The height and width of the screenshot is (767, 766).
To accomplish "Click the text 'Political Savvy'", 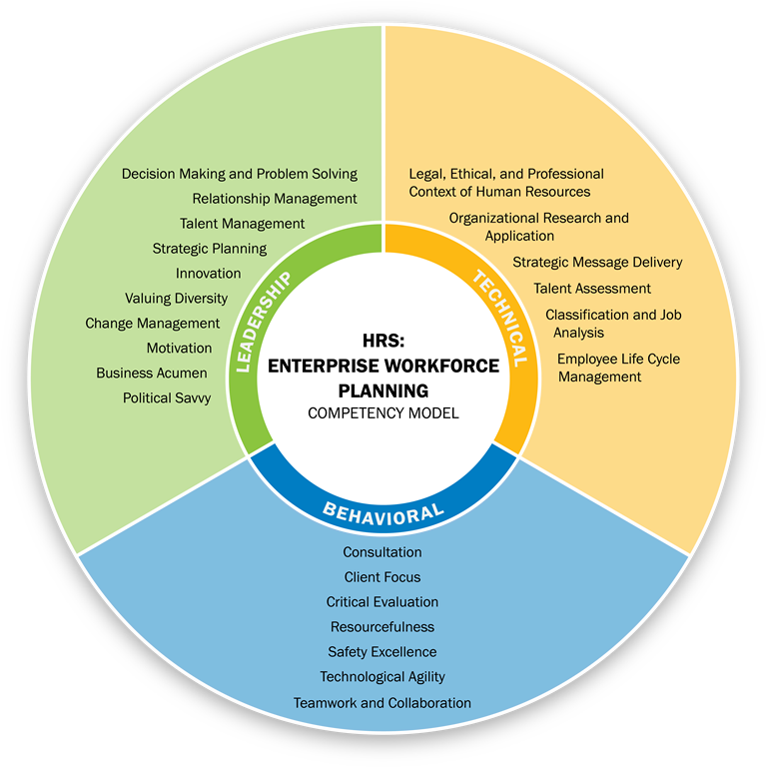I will (167, 397).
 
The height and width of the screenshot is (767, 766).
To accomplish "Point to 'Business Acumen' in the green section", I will (152, 373).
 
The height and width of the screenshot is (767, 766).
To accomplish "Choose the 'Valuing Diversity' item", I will (176, 298).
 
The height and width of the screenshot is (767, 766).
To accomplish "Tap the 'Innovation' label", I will (208, 273).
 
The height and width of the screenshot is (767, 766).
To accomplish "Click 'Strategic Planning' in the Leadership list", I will (209, 248).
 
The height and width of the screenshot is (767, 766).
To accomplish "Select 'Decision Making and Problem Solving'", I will (239, 174).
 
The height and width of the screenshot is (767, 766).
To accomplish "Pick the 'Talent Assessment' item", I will (591, 289).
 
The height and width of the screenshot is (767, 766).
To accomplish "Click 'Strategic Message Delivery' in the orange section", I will (597, 263).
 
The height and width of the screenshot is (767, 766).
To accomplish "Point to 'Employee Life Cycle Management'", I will (618, 368).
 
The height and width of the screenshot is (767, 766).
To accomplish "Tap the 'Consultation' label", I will (383, 552).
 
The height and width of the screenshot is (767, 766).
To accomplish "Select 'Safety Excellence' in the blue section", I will (383, 652).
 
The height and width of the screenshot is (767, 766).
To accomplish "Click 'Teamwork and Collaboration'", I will (383, 703).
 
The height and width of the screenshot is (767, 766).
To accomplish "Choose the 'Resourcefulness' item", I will (383, 627).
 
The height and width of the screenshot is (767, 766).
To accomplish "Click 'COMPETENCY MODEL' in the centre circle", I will (383, 412).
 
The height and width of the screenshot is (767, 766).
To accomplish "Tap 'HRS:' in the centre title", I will (383, 341).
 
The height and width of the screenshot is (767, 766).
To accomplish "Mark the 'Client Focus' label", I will (383, 577).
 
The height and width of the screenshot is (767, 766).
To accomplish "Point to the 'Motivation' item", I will (179, 348).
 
